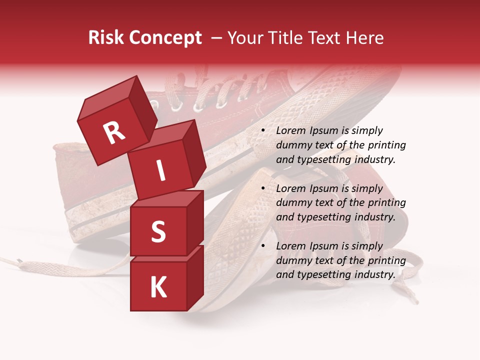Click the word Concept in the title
click(165, 38)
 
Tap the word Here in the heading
click(367, 38)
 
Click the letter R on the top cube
click(114, 133)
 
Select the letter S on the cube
click(158, 231)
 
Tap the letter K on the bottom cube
click(158, 287)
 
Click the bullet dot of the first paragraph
click(263, 131)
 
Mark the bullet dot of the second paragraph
click(263, 189)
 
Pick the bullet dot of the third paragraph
click(263, 246)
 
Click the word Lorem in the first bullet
click(290, 131)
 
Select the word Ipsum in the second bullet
click(323, 189)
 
